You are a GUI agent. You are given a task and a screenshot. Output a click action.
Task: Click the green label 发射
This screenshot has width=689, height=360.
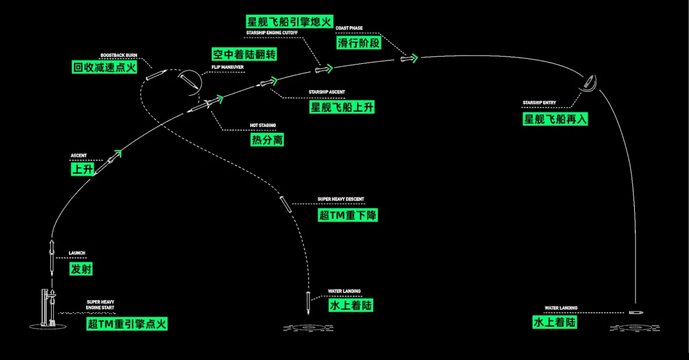(81, 269)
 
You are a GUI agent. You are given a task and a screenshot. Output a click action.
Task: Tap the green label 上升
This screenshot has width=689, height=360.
(81, 170)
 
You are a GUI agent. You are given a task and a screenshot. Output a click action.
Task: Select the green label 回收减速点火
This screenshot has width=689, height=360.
(105, 68)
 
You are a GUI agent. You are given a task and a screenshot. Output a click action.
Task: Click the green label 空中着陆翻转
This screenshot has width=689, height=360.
(244, 55)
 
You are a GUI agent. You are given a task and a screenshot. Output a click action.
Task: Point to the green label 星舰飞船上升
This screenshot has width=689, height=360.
(342, 107)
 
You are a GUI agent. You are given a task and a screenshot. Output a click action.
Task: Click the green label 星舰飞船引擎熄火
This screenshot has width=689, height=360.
(290, 22)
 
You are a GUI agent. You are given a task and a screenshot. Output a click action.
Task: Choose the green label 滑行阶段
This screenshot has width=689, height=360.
(359, 43)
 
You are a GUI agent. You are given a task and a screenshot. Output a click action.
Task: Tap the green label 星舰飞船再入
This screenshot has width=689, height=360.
(555, 119)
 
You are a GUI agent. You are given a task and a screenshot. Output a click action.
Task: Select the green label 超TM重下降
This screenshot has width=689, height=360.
(348, 214)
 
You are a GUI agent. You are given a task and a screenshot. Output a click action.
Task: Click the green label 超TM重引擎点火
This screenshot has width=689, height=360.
(127, 324)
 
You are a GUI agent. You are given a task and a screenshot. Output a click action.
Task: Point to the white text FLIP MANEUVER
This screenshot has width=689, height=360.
(228, 66)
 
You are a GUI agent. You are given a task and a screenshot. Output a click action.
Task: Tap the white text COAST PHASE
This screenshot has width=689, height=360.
(350, 29)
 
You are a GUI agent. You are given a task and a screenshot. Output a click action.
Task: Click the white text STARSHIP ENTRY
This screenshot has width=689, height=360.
(539, 103)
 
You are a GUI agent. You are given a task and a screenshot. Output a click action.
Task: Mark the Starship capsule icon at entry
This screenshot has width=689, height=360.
(589, 82)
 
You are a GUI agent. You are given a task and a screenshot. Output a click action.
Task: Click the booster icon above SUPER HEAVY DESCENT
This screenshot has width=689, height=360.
(285, 204)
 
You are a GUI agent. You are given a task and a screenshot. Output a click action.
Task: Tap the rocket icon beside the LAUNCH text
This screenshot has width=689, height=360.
(52, 256)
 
